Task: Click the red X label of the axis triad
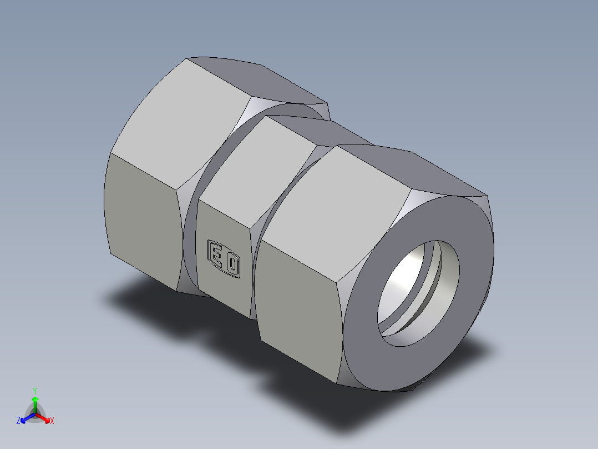coord(52,421)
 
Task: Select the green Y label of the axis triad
coord(34,390)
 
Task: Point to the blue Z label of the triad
coord(18,421)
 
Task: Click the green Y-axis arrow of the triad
coord(35,402)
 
